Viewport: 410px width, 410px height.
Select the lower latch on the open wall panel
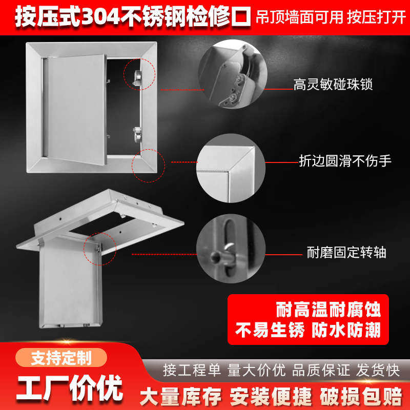137,134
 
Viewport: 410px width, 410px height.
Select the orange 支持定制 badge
61,357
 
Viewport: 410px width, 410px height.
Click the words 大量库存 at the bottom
181,395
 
